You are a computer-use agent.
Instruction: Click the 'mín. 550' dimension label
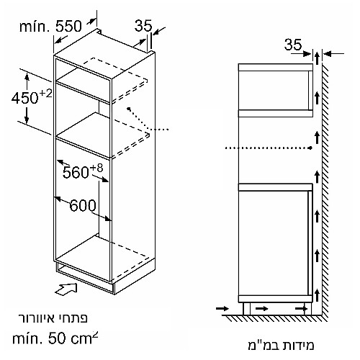coord(50,26)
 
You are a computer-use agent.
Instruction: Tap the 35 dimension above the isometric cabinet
coord(143,26)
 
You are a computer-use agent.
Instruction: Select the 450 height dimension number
coord(25,98)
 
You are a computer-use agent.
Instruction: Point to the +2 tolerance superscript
coord(45,94)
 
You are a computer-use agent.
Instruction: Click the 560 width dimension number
coord(76,172)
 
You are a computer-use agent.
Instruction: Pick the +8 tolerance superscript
coord(96,168)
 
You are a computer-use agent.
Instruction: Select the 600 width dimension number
coord(83,206)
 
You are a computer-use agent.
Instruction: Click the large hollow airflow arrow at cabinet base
coord(66,289)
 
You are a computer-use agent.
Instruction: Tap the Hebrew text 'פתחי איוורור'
coord(53,318)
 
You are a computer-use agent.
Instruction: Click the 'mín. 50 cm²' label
coord(55,338)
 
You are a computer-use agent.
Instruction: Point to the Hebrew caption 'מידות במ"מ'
coord(281,345)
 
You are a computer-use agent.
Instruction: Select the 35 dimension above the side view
coord(293,44)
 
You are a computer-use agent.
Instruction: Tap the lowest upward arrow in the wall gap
coord(318,295)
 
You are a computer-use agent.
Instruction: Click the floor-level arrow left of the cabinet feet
coord(222,308)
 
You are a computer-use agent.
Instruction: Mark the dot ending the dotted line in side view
coord(311,148)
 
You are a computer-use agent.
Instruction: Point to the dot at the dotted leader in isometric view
coord(130,109)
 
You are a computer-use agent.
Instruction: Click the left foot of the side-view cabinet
coord(246,309)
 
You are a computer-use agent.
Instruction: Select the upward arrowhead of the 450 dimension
coord(27,77)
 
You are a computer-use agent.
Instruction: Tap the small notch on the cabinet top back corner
coord(99,31)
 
